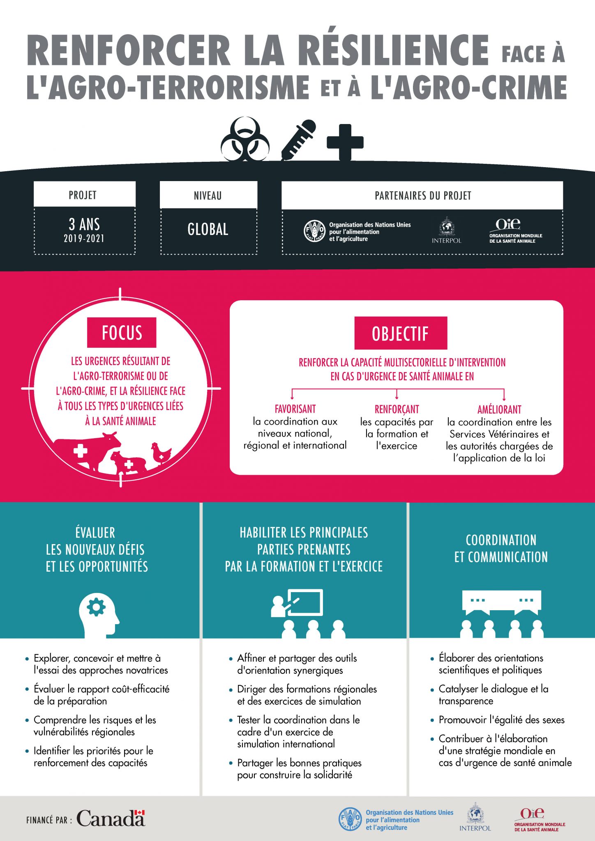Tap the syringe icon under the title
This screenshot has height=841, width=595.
[298, 140]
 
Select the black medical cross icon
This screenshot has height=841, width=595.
[345, 142]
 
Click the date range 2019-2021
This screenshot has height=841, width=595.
[84, 238]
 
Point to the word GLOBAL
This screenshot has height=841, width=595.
[208, 229]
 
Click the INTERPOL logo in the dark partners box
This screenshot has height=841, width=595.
[447, 230]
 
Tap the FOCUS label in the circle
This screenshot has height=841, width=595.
[122, 333]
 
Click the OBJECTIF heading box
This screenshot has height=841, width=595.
[401, 333]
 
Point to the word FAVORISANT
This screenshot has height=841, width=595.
[295, 409]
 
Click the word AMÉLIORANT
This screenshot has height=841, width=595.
[499, 409]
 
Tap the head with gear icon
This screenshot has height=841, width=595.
[99, 615]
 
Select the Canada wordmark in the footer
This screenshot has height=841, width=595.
[111, 818]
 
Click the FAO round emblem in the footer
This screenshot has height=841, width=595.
[351, 819]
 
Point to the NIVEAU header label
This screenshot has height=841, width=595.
[208, 195]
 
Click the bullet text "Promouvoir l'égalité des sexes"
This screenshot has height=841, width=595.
[501, 720]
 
